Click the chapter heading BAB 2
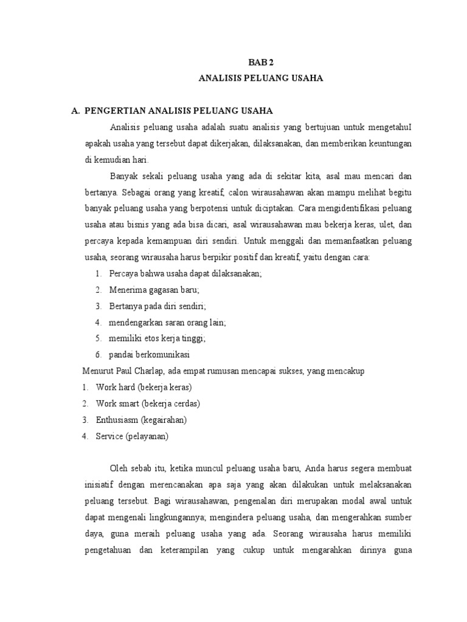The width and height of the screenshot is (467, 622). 259,63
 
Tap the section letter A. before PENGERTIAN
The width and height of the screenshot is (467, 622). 76,111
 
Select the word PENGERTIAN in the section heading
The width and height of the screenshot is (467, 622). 113,111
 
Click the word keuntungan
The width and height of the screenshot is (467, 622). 387,143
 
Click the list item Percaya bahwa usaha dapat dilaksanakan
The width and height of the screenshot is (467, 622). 185,273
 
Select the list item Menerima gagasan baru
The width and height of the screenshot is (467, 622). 154,290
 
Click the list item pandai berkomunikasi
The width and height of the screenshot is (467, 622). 153,355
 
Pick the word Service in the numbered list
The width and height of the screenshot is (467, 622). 109,436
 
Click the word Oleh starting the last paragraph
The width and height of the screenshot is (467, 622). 119,468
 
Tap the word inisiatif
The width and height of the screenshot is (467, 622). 100,485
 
